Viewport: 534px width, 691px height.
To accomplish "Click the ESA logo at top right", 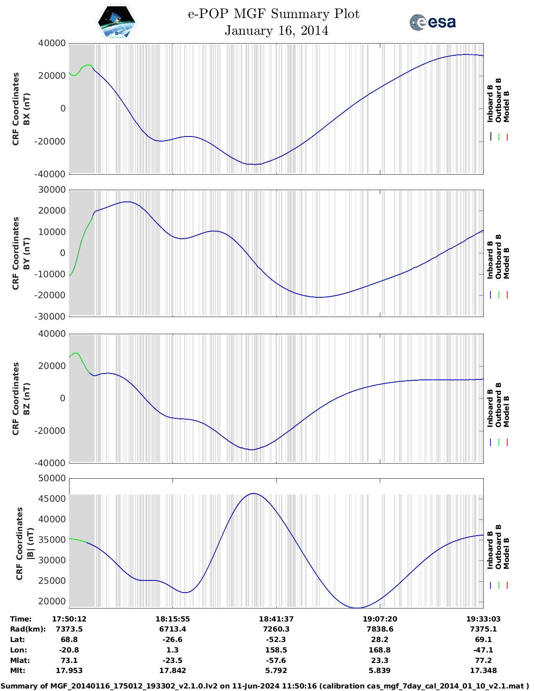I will pyautogui.click(x=433, y=22).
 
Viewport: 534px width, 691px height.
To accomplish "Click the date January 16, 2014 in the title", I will pyautogui.click(x=276, y=31).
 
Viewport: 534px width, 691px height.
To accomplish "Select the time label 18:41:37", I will pyautogui.click(x=276, y=619).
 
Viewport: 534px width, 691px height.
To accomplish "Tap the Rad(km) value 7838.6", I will pyautogui.click(x=379, y=629).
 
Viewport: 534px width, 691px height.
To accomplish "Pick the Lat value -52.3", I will pyautogui.click(x=276, y=639).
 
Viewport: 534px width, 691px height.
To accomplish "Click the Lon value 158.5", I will pyautogui.click(x=276, y=650).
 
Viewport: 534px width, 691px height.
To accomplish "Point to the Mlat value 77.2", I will pyautogui.click(x=483, y=660).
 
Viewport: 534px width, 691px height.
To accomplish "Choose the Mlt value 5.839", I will pyautogui.click(x=379, y=670).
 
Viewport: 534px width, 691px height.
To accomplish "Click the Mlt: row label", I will pyautogui.click(x=18, y=670).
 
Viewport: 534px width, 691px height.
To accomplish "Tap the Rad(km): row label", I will pyautogui.click(x=28, y=629).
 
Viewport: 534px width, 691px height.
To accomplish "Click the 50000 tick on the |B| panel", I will pyautogui.click(x=52, y=478).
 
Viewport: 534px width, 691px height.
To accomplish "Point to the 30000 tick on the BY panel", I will pyautogui.click(x=52, y=190).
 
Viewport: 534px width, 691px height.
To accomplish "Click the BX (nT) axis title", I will pyautogui.click(x=26, y=109).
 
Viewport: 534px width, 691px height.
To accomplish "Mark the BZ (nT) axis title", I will pyautogui.click(x=26, y=399).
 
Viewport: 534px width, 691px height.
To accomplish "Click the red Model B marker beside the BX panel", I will pyautogui.click(x=507, y=137).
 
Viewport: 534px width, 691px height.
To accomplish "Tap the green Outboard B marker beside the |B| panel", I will pyautogui.click(x=499, y=585).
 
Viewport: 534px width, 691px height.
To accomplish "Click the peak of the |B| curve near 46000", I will pyautogui.click(x=254, y=494).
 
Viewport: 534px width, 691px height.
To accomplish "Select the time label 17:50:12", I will pyautogui.click(x=69, y=619).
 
